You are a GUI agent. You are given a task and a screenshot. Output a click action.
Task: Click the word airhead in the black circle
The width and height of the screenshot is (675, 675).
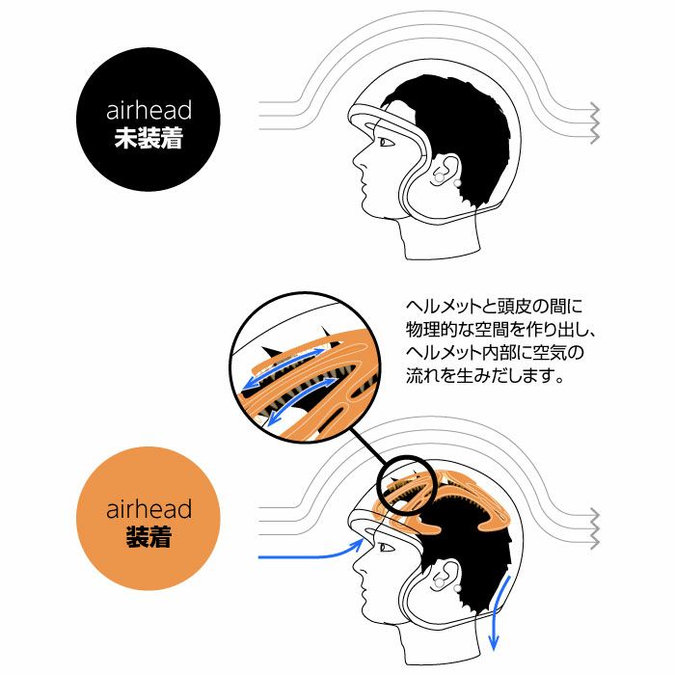click(x=148, y=110)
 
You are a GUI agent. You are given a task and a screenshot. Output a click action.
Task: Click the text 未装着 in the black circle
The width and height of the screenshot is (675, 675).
click(x=148, y=138)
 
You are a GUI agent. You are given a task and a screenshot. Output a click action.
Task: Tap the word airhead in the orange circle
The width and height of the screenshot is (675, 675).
click(x=148, y=509)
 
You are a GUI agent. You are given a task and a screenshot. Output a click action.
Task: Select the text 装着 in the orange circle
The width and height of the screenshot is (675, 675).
click(x=148, y=537)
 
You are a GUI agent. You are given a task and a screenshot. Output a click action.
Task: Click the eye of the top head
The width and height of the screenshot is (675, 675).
click(x=386, y=142)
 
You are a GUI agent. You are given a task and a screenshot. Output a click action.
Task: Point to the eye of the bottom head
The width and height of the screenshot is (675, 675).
click(x=386, y=548)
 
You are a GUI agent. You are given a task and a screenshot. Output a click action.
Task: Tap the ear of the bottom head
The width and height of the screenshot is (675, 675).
click(x=445, y=576)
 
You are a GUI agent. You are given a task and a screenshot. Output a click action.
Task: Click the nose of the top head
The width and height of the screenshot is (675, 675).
click(x=358, y=161)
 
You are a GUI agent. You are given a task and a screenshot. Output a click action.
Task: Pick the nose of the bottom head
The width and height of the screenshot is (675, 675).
click(x=358, y=567)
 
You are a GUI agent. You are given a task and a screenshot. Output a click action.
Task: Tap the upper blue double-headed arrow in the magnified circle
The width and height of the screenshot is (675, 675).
click(x=284, y=369)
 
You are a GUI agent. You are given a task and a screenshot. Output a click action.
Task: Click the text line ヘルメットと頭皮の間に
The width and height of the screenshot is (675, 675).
click(x=494, y=307)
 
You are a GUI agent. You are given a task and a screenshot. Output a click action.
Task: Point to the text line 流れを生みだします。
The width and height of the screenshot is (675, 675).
click(x=485, y=376)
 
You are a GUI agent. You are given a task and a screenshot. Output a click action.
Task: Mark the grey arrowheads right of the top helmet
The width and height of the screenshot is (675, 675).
click(x=594, y=122)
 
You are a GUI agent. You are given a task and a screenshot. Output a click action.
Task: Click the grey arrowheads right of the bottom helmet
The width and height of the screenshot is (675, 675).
click(x=594, y=528)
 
